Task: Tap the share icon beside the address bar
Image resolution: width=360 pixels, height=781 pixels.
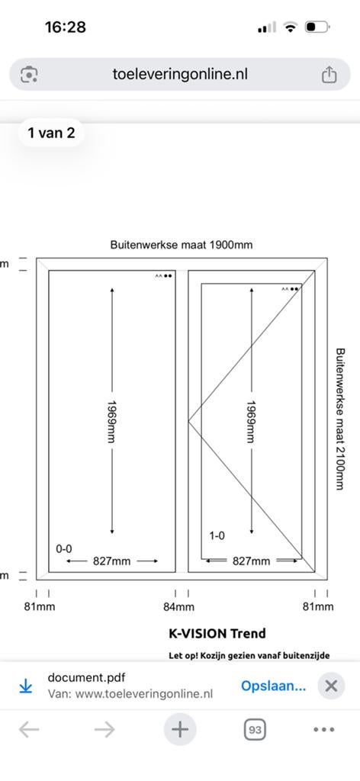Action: coord(328,75)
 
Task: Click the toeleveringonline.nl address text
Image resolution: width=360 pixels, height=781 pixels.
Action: coord(180,74)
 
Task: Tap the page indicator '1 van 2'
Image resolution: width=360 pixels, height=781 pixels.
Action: coord(51,133)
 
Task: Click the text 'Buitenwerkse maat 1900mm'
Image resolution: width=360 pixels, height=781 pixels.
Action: coord(182,245)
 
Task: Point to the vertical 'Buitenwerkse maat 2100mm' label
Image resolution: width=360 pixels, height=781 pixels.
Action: coord(340,419)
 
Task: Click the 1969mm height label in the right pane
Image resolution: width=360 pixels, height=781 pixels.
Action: coord(251,421)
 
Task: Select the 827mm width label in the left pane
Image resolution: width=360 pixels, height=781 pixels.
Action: coord(111,561)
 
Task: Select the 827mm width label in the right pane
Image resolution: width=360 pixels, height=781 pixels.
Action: coord(252,561)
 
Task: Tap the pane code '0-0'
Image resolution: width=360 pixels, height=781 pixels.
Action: coord(64,549)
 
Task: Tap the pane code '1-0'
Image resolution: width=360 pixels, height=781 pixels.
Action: coord(217,536)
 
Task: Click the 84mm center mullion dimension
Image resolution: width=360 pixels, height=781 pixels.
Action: coord(178,606)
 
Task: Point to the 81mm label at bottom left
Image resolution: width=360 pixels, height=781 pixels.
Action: coord(40,606)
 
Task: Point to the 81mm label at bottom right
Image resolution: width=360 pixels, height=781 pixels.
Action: coord(318,606)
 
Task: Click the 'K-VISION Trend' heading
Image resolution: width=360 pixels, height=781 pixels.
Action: coord(217,634)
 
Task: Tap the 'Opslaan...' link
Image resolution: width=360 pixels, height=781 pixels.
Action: coord(273,686)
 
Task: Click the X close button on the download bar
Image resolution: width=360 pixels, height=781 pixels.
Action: coord(331,686)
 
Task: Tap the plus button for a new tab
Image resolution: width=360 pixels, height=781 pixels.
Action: coord(180,730)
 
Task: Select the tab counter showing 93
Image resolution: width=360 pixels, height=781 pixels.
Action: coord(255,730)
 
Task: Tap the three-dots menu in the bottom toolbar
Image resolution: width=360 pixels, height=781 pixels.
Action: coord(324,730)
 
